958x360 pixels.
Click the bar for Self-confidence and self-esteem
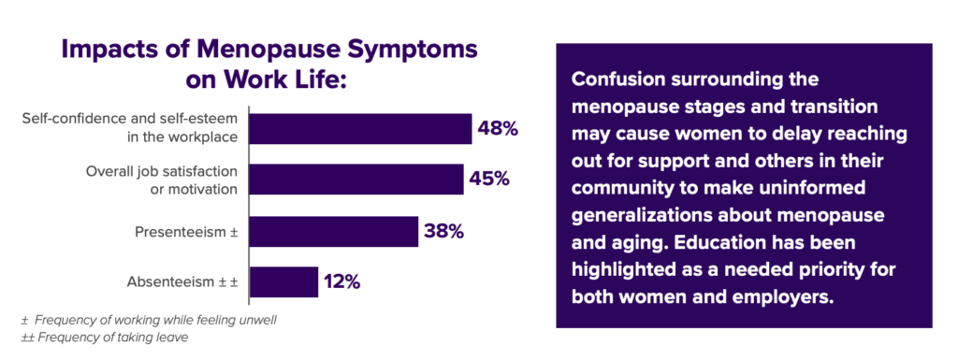click(x=360, y=129)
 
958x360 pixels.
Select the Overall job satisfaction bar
click(x=356, y=180)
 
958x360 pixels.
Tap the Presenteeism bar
click(x=333, y=231)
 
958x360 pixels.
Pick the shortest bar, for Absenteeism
click(x=283, y=281)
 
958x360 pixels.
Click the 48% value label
click(x=498, y=129)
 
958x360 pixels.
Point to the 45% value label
click(x=489, y=180)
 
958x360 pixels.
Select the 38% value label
click(x=443, y=231)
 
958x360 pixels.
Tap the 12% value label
click(x=341, y=281)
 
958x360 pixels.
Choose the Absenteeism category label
click(x=181, y=281)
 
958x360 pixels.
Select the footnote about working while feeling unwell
click(x=149, y=320)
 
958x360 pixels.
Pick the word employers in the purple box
click(x=789, y=298)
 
